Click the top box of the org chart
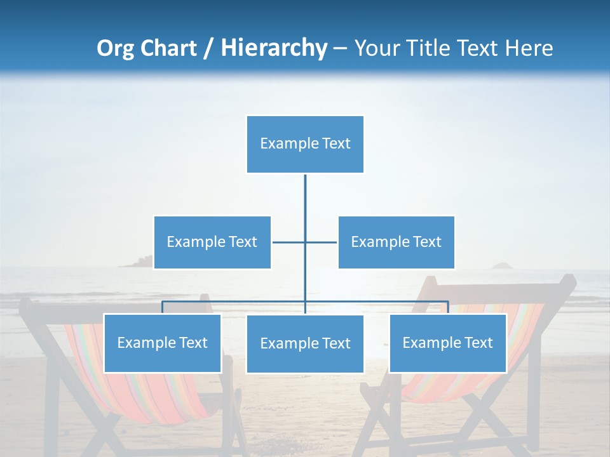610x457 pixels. click(x=305, y=144)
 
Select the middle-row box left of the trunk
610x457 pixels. click(x=212, y=242)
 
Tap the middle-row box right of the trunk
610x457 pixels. click(x=396, y=242)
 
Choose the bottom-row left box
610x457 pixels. click(x=162, y=343)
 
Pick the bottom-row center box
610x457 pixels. click(x=305, y=343)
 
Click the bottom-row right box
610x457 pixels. click(x=447, y=343)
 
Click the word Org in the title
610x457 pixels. click(x=115, y=48)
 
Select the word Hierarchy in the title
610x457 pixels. click(x=274, y=48)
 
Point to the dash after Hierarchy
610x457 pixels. click(x=340, y=48)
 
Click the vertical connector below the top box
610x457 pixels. click(x=305, y=197)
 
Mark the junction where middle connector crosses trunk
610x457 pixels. click(x=305, y=242)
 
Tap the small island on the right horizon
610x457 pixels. click(x=505, y=266)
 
